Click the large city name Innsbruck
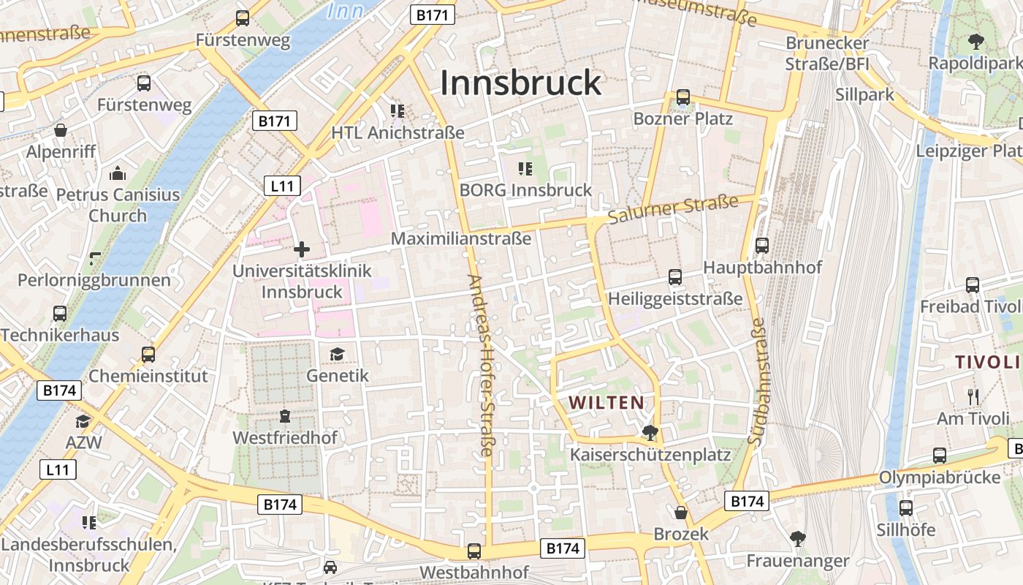click(x=520, y=83)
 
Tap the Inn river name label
click(x=346, y=10)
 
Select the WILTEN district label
click(x=606, y=402)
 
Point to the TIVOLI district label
click(x=986, y=362)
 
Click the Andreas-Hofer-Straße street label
click(x=482, y=366)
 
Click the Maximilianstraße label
click(x=461, y=238)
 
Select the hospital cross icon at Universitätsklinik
click(x=302, y=249)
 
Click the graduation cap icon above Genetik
click(x=337, y=355)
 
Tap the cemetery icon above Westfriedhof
click(x=285, y=417)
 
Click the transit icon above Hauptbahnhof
click(x=762, y=246)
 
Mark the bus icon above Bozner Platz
click(x=683, y=97)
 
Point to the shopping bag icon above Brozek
click(x=681, y=513)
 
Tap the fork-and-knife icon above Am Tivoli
click(x=973, y=397)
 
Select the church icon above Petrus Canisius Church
click(x=118, y=173)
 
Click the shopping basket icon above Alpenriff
click(x=61, y=130)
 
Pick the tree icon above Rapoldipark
click(x=976, y=42)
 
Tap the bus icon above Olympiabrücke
click(x=940, y=456)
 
